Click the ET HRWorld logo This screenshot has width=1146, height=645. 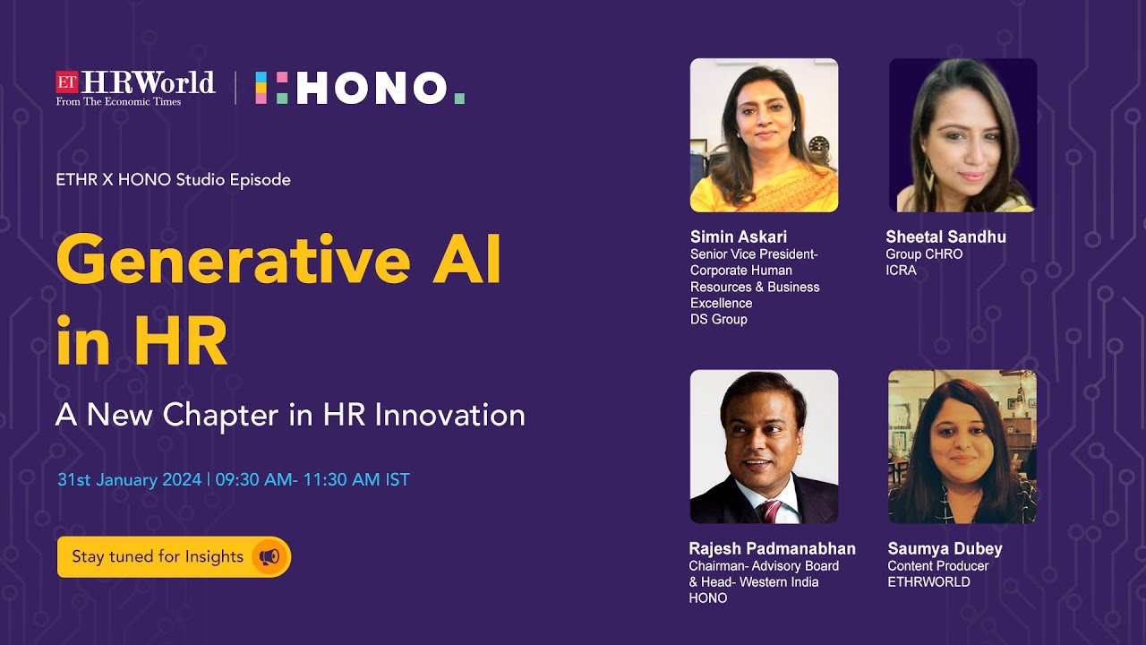[x=135, y=88]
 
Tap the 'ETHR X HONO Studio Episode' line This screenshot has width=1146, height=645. [x=173, y=179]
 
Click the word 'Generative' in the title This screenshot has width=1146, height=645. [x=233, y=260]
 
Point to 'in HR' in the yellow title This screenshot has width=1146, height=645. [x=141, y=341]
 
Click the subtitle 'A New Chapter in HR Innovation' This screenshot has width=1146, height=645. [x=290, y=415]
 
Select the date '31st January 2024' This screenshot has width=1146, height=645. [x=129, y=479]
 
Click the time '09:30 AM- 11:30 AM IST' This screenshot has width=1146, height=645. [x=312, y=479]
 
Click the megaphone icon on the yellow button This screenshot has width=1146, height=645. [x=269, y=556]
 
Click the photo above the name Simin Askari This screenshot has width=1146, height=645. [x=764, y=135]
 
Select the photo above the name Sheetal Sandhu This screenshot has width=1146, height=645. [x=962, y=135]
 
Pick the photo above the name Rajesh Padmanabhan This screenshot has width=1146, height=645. [x=764, y=446]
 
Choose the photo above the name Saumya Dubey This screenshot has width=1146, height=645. [x=962, y=446]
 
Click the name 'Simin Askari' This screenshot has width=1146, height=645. [x=739, y=236]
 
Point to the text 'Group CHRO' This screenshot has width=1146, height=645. [x=924, y=254]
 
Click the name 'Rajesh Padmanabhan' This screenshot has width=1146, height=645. [x=772, y=548]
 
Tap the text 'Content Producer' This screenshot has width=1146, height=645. [x=937, y=566]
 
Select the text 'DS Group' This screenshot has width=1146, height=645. [x=718, y=319]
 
